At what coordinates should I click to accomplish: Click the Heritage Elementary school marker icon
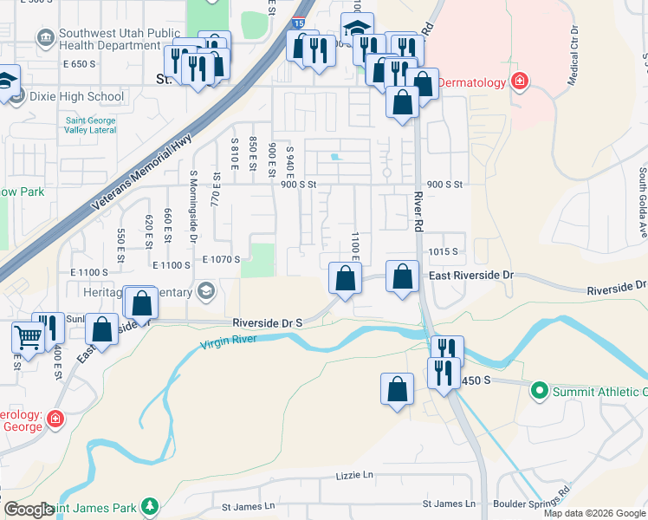pos(205,291)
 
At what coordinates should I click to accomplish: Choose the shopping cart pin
pos(28,336)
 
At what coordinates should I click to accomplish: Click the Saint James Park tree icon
pos(151,505)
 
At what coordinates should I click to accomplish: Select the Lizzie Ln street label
pos(354,476)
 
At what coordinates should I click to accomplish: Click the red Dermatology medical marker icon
pos(519,82)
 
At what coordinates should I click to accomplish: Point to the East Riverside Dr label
pos(472,275)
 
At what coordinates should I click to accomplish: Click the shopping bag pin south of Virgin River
pos(397,388)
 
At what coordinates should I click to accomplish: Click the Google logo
pos(29,510)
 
